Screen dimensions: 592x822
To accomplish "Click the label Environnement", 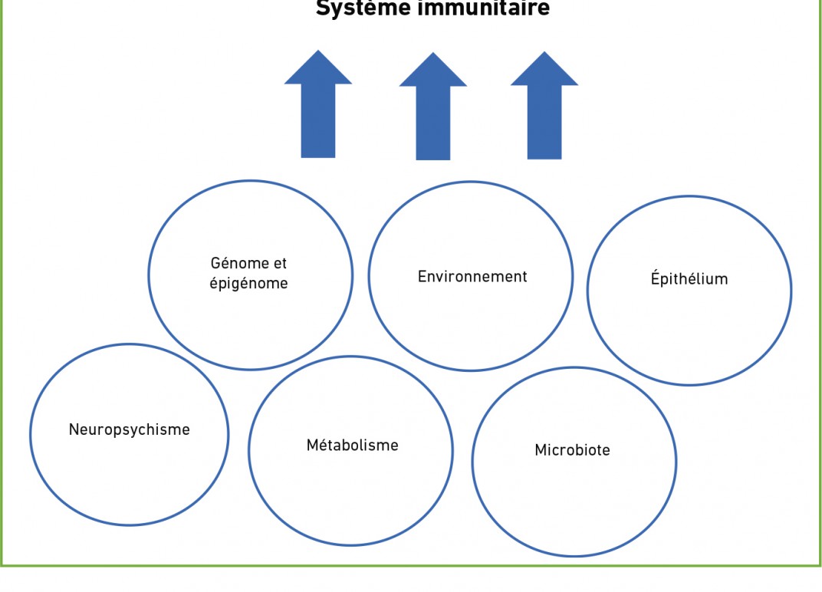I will (x=472, y=277).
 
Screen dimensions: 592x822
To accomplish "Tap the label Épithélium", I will (x=689, y=279).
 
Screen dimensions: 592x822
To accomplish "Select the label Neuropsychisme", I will (x=130, y=429).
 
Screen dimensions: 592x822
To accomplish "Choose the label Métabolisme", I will (x=353, y=445).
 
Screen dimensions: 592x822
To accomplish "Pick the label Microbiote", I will (x=573, y=450).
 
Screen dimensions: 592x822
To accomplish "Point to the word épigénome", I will (x=249, y=284).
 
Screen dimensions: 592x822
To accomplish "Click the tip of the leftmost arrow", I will (x=318, y=52).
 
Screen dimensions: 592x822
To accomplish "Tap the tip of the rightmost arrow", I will (x=544, y=54).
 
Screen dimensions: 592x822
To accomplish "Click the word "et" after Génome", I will (x=280, y=263).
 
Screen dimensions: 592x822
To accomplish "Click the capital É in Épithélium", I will (x=656, y=278).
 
